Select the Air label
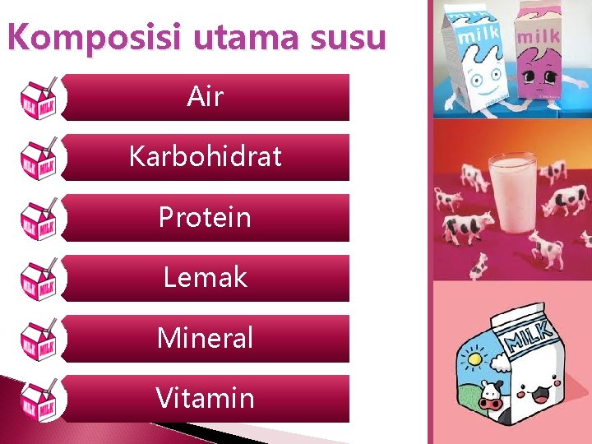coord(205,97)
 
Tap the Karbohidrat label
coord(205,157)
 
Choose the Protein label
coord(205,217)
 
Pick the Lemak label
coord(205,277)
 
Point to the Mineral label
coord(205,338)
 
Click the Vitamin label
coord(205,398)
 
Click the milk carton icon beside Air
coord(39,97)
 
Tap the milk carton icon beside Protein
coord(39,218)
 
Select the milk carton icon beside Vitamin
coord(39,399)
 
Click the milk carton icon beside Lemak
coord(39,278)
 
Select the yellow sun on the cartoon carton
coord(476,358)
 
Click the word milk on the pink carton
coord(539,35)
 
